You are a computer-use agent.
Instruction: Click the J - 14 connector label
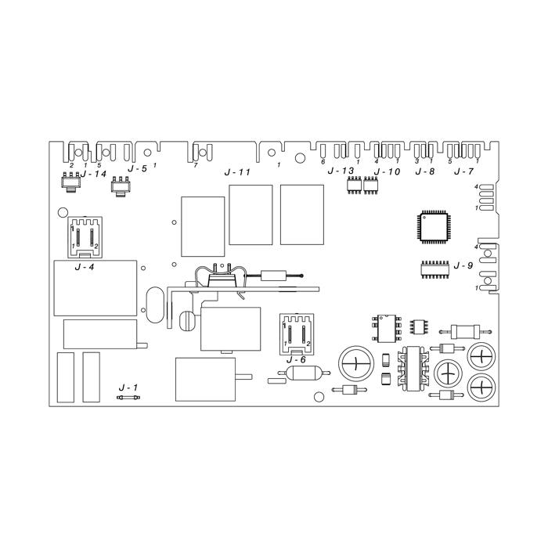pyautogui.click(x=93, y=173)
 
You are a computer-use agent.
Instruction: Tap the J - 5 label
pyautogui.click(x=137, y=169)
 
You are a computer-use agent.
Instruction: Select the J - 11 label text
pyautogui.click(x=237, y=172)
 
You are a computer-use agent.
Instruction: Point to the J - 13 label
pyautogui.click(x=341, y=171)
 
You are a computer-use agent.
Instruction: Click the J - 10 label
pyautogui.click(x=387, y=171)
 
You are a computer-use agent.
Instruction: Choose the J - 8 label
pyautogui.click(x=425, y=171)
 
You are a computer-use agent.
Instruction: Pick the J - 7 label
pyautogui.click(x=463, y=171)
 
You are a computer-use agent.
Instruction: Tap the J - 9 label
pyautogui.click(x=463, y=265)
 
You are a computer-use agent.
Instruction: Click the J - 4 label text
pyautogui.click(x=85, y=268)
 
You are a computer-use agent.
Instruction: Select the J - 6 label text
pyautogui.click(x=296, y=359)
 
